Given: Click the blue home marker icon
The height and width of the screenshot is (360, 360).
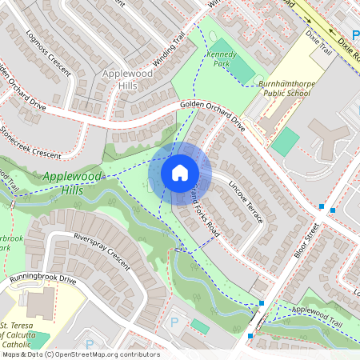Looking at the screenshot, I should (180, 172).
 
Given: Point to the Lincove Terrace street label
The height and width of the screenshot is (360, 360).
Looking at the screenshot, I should (244, 201).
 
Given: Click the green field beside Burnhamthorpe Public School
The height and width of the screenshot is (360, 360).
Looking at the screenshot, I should (285, 142).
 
